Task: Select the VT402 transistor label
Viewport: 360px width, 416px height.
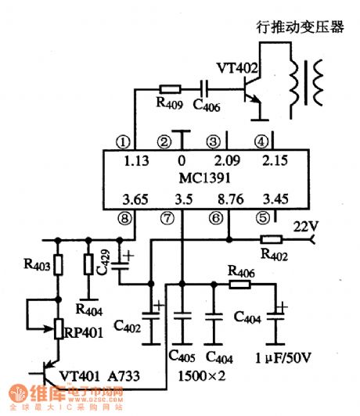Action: [238, 69]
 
